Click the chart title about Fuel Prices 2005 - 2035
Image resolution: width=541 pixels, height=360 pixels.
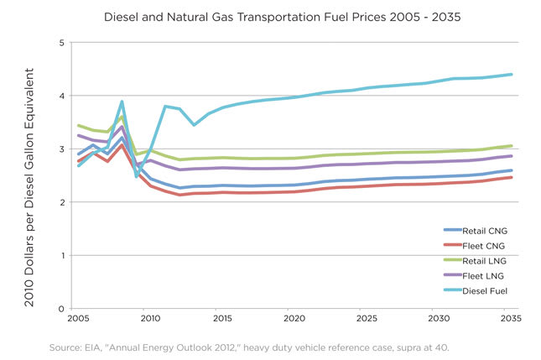(x=271, y=15)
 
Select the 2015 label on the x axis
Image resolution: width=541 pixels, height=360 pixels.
(x=221, y=320)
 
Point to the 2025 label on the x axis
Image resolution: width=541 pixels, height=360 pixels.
(x=367, y=320)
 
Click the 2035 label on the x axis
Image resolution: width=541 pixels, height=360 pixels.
(x=511, y=320)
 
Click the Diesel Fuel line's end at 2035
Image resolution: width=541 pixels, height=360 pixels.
(x=512, y=75)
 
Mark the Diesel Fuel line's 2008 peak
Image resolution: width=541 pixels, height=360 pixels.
(x=122, y=102)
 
